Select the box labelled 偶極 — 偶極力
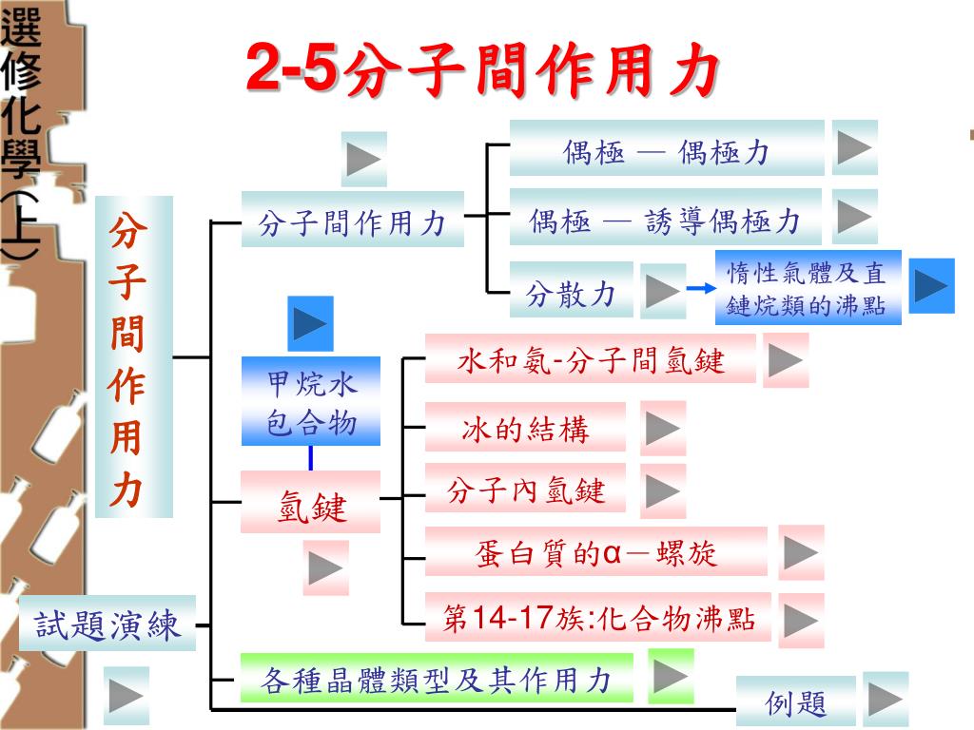coord(666,149)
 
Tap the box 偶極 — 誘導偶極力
coord(665,219)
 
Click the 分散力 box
coord(571,292)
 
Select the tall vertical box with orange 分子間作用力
coord(133,356)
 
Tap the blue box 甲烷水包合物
coord(311,400)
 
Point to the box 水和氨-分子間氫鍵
coord(590,360)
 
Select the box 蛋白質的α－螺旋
coord(595,551)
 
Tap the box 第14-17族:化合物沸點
coord(598,618)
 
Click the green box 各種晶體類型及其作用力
coord(437,679)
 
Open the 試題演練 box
coord(107,624)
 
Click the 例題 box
coord(795,702)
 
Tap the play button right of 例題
coord(886,701)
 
